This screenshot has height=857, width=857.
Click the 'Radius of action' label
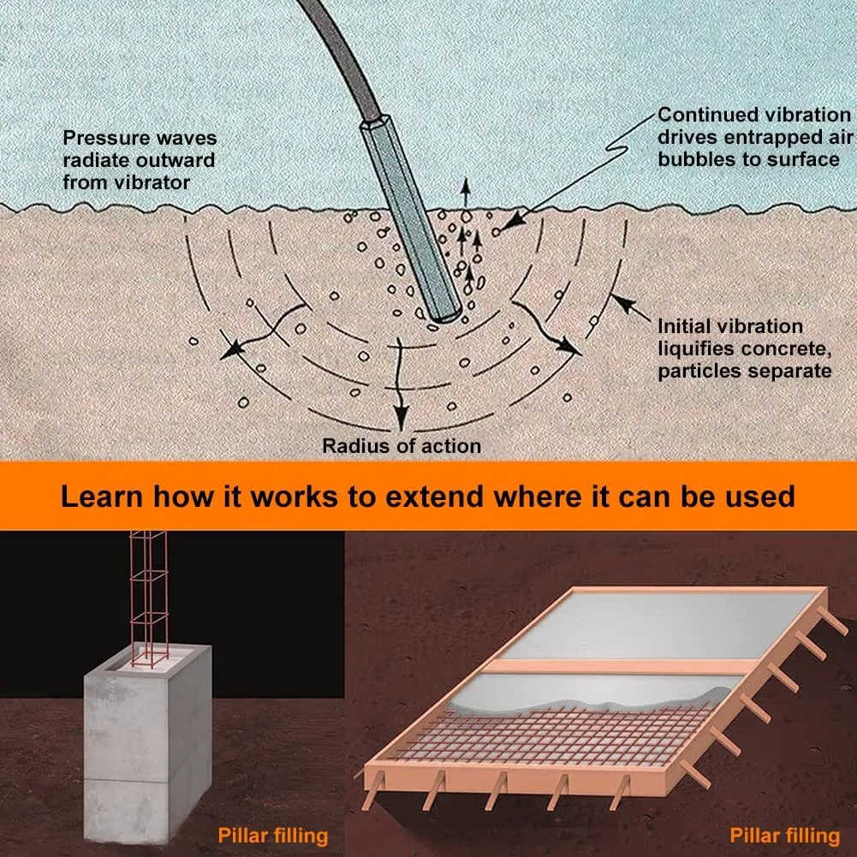pyautogui.click(x=402, y=446)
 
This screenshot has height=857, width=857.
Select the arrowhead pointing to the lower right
pyautogui.click(x=570, y=347)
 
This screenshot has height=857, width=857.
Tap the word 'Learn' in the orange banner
pyautogui.click(x=102, y=497)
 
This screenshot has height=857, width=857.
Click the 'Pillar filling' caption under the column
pyautogui.click(x=273, y=836)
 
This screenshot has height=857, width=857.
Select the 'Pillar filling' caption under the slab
pyautogui.click(x=785, y=836)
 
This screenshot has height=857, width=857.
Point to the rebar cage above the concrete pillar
pyautogui.click(x=148, y=598)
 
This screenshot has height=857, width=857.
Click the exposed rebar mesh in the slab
pyautogui.click(x=552, y=735)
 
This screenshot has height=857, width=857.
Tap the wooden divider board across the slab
pyautogui.click(x=621, y=666)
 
